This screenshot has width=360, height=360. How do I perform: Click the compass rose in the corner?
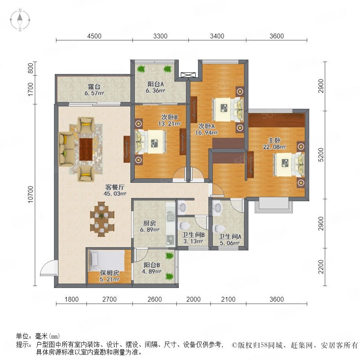tap(20, 20)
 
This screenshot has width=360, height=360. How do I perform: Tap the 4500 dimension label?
tap(94, 36)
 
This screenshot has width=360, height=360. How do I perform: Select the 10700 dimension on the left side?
tap(30, 194)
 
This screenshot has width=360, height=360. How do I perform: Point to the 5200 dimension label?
tap(321, 155)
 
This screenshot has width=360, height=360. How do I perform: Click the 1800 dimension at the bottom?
tap(72, 299)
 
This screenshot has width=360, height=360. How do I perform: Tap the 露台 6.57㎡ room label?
tap(94, 90)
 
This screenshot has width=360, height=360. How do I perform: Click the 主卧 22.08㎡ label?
tap(274, 144)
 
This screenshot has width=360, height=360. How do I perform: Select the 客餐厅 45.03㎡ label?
tap(115, 190)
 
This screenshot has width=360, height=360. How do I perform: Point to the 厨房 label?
tap(150, 223)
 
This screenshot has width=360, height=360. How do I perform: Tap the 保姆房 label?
tap(110, 273)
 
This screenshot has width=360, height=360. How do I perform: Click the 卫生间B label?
tap(193, 235)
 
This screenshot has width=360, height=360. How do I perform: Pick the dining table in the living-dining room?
tap(102, 219)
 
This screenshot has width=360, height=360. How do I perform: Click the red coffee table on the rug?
tap(86, 149)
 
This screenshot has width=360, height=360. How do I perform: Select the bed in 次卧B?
tap(151, 142)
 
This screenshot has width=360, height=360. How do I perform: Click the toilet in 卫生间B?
tap(184, 226)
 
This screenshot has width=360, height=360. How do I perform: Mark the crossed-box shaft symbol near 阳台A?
tap(188, 75)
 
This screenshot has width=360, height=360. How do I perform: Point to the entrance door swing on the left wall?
tap(48, 268)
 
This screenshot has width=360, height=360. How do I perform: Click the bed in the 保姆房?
tap(107, 260)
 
